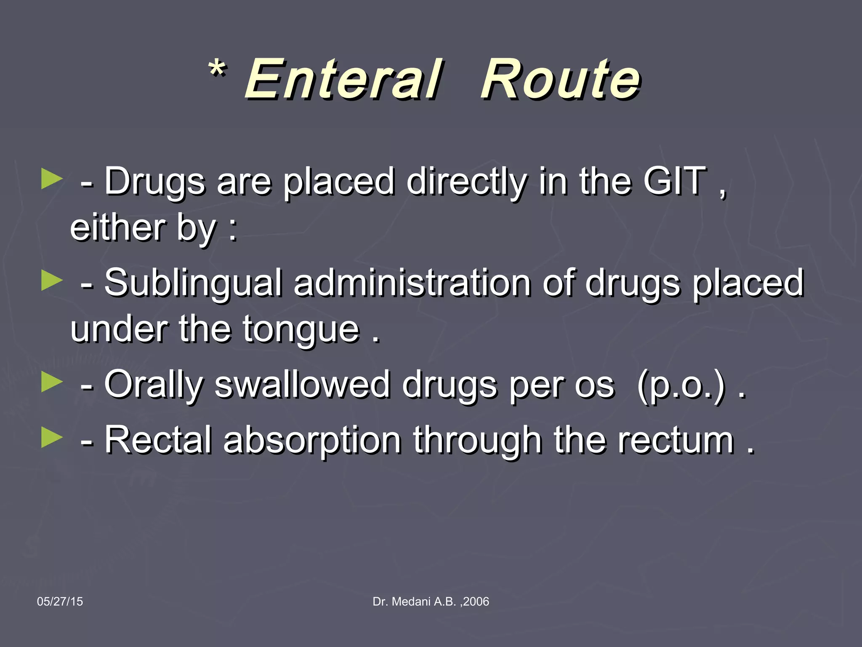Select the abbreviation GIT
pyautogui.click(x=674, y=182)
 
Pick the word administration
pyautogui.click(x=412, y=283)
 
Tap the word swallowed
pyautogui.click(x=302, y=385)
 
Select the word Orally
pyautogui.click(x=154, y=385)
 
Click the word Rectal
pyautogui.click(x=158, y=441)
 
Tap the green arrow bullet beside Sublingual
pyautogui.click(x=52, y=281)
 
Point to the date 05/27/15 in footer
pyautogui.click(x=60, y=602)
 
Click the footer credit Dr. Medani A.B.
pyautogui.click(x=431, y=602)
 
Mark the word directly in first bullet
pyautogui.click(x=466, y=182)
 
